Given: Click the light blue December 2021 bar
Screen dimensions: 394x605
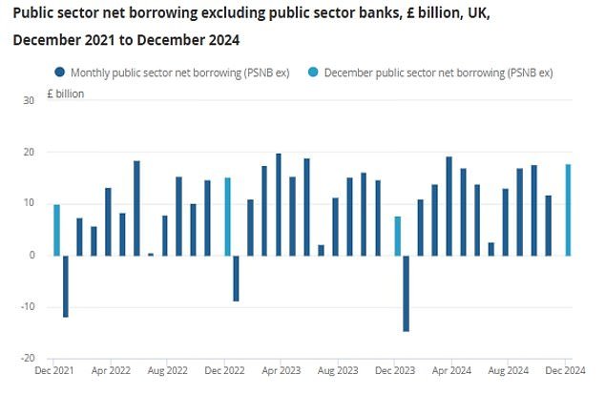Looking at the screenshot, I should click(56, 230).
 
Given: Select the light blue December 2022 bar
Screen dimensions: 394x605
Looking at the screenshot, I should click(228, 217).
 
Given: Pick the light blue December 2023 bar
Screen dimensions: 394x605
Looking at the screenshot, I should click(398, 236).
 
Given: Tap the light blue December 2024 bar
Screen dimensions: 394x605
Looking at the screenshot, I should click(569, 210).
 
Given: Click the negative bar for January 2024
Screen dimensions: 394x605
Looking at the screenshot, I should click(406, 293).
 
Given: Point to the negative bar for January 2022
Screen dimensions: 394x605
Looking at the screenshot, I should click(66, 286).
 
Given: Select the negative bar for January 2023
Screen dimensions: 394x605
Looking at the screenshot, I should click(236, 278).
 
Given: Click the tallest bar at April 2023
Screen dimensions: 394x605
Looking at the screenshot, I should click(279, 204).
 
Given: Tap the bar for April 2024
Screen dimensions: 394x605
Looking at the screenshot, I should click(449, 206).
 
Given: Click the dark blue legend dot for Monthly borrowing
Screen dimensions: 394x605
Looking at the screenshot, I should click(60, 73).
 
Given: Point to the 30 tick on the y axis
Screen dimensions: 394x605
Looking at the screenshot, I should click(29, 100).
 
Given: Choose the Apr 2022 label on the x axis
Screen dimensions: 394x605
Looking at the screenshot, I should click(111, 367).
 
